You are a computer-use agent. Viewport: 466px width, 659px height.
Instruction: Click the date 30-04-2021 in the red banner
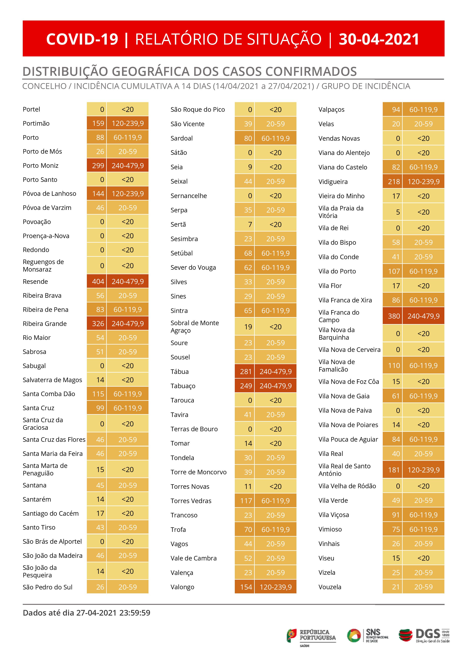click(379, 39)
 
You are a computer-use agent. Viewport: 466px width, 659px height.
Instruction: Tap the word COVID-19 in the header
click(82, 39)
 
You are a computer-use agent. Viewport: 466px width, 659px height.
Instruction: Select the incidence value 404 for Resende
click(98, 282)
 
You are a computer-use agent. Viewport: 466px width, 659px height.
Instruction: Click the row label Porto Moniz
click(40, 166)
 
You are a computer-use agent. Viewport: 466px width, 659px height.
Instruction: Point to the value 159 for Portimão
click(98, 123)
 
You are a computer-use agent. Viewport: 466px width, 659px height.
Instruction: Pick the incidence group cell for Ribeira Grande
click(128, 324)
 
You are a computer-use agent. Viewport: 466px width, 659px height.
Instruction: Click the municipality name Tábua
click(180, 372)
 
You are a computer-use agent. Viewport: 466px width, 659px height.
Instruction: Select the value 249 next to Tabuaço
click(246, 386)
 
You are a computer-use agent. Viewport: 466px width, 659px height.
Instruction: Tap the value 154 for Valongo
click(246, 587)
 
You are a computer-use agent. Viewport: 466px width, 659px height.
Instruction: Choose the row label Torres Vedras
click(191, 501)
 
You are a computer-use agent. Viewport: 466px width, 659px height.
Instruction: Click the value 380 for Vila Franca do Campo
click(394, 316)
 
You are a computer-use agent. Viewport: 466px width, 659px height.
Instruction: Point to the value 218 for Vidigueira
click(394, 182)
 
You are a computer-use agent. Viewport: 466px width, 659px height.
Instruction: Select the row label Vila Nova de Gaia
click(344, 396)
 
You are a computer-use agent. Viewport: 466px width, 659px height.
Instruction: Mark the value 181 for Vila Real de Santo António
click(394, 470)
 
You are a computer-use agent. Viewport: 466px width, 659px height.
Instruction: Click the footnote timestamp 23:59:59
click(135, 613)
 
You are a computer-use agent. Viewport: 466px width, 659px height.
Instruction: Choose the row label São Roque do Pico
click(198, 110)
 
